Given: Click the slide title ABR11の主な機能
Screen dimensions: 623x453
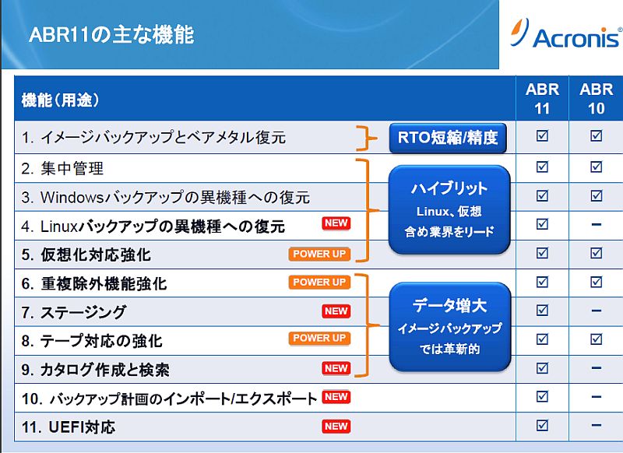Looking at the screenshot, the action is tap(111, 34).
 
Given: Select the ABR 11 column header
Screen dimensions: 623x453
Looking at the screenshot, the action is tap(542, 98).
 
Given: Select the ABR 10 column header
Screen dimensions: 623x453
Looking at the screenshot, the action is tap(597, 98).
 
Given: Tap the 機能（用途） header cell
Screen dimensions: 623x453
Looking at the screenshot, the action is tap(61, 100).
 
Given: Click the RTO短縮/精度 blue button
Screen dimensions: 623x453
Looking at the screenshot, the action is tap(448, 138).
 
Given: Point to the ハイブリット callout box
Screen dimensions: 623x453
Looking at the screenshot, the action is tap(449, 209).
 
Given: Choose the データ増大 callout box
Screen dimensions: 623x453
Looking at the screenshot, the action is tap(450, 327).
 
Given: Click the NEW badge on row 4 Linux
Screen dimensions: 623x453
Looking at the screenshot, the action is tap(336, 223).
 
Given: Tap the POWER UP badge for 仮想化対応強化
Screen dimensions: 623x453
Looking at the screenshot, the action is tap(319, 254).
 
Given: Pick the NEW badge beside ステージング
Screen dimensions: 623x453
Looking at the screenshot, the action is tap(336, 311).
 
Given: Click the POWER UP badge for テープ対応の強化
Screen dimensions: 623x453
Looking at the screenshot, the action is tap(319, 339).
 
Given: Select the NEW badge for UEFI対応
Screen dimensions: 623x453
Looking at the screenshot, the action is tap(336, 427).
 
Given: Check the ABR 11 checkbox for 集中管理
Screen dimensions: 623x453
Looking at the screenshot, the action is tap(542, 167).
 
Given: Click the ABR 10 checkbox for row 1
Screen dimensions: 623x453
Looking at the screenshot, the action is tap(596, 135).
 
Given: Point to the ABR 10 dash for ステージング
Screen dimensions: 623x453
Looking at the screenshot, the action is tap(596, 311).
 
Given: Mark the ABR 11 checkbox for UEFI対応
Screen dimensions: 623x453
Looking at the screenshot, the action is tap(542, 425).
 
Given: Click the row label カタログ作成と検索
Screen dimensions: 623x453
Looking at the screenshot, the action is tap(105, 370).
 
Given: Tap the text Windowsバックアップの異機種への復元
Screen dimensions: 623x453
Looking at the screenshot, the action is tap(175, 198).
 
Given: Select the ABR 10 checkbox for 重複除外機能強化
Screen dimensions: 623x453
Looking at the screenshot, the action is tap(596, 282).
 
